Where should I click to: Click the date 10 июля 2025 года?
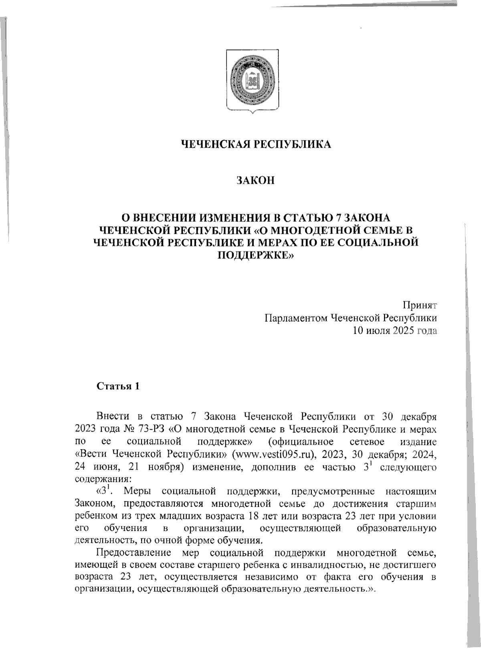point(394,331)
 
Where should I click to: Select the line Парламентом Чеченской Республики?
point(350,318)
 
